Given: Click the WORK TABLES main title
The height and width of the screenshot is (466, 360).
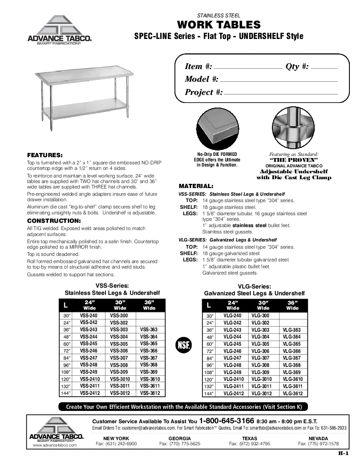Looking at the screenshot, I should tap(219, 25).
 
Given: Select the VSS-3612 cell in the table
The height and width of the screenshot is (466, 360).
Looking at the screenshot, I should tap(150, 393).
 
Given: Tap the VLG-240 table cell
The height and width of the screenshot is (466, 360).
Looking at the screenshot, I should tap(233, 316).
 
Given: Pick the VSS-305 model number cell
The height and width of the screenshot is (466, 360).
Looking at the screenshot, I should tap(119, 344).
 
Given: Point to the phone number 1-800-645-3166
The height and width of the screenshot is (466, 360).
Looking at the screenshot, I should tap(227, 421).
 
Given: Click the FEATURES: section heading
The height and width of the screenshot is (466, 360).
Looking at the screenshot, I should tap(45, 155).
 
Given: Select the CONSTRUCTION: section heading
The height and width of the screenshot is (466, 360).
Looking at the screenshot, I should tap(54, 221).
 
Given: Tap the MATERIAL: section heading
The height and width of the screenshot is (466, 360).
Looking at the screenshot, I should tap(196, 186).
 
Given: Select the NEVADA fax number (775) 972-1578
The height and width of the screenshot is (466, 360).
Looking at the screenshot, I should tap(318, 444).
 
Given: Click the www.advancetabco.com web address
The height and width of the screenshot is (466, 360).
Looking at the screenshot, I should tap(55, 445).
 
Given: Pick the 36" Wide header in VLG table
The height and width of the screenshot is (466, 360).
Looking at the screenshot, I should tap(292, 305).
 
